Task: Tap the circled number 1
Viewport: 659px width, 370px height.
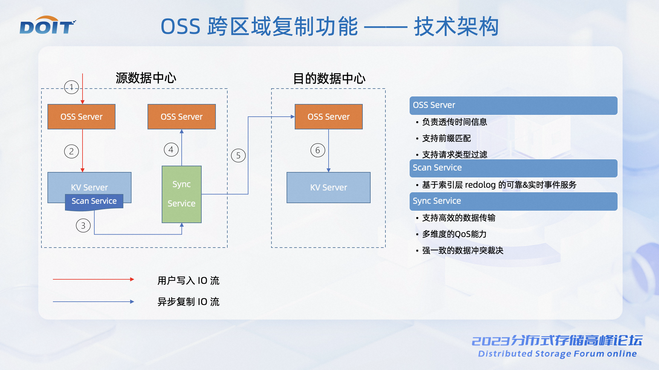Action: click(71, 87)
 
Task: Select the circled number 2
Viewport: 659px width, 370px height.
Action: click(71, 151)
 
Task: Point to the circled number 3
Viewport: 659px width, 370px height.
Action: click(83, 226)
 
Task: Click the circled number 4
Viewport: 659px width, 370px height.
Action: click(171, 150)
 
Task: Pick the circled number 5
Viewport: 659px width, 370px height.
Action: click(238, 155)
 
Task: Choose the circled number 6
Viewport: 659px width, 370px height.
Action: click(318, 150)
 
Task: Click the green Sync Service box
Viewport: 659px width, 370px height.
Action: click(182, 194)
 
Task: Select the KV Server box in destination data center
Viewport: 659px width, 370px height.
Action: click(329, 187)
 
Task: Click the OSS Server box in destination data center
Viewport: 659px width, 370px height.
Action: click(329, 117)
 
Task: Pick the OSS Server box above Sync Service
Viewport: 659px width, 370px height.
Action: click(182, 117)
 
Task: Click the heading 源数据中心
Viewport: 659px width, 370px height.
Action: click(146, 78)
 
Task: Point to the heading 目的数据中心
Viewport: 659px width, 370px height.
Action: click(329, 79)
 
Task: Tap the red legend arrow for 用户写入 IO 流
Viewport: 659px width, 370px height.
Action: click(93, 279)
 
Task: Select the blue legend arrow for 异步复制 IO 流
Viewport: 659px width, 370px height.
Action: click(93, 302)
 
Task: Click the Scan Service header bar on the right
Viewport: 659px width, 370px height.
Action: click(513, 168)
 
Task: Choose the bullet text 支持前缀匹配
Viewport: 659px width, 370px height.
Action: click(446, 138)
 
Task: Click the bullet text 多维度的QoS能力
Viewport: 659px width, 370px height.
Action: click(454, 234)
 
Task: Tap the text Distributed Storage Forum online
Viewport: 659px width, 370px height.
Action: click(557, 354)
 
